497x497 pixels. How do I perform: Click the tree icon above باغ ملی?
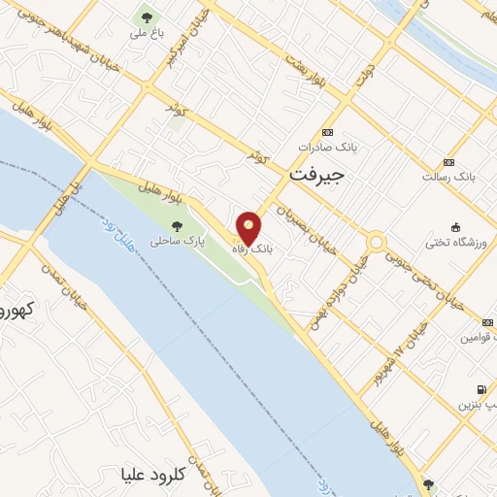147,17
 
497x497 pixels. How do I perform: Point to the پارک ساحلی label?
174,242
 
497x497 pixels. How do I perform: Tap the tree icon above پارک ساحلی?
176,226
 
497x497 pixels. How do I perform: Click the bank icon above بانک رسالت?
447,162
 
